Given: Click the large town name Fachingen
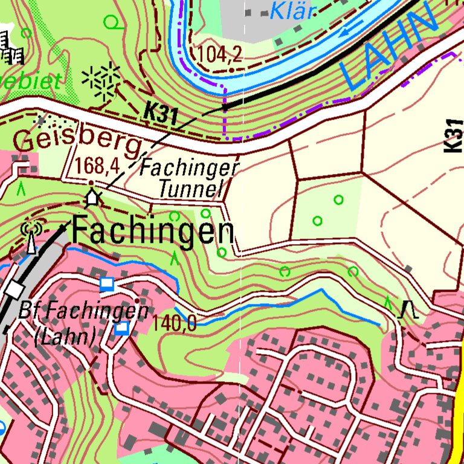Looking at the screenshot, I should (x=153, y=232).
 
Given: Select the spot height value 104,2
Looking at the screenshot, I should (x=219, y=55).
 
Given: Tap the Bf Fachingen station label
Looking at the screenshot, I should (x=83, y=312).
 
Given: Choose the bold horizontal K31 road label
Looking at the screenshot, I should (x=161, y=114).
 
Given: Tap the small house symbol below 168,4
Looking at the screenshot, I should (x=92, y=197).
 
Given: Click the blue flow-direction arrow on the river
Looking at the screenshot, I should (x=350, y=31).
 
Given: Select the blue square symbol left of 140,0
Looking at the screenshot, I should (x=122, y=328).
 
